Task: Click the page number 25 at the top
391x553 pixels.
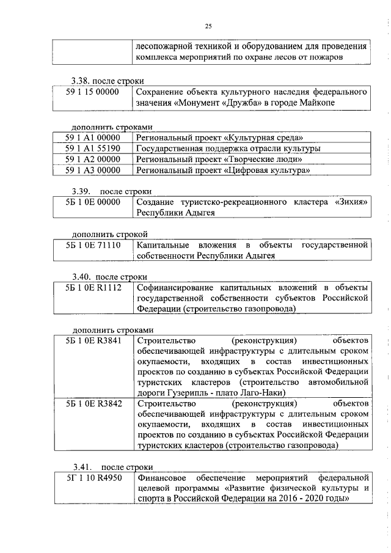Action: click(x=208, y=26)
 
